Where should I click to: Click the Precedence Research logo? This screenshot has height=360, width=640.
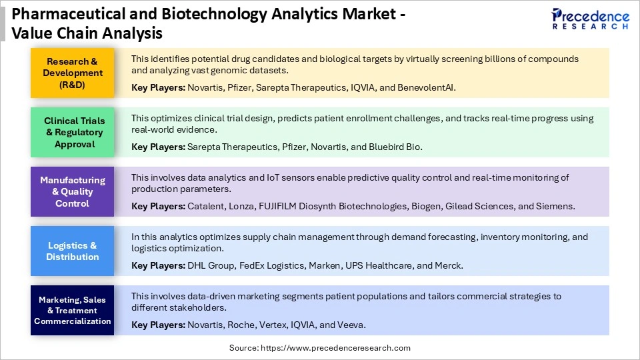click(590, 19)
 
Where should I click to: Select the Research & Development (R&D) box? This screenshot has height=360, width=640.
click(73, 73)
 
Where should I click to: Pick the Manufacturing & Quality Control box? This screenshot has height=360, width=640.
click(73, 191)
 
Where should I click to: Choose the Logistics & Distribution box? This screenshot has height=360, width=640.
click(73, 251)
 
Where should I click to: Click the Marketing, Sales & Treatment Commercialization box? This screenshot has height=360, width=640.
click(73, 310)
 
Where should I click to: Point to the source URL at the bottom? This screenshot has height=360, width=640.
click(320, 348)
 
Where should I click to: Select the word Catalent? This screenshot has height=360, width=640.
click(207, 206)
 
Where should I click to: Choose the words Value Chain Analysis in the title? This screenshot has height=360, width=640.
click(87, 32)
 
